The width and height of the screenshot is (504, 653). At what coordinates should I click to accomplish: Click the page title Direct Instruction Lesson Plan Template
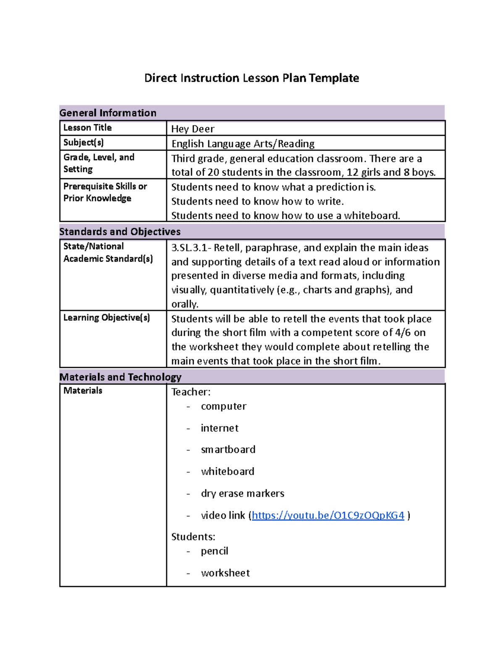point(252,78)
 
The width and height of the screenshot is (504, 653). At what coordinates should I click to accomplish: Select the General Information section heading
point(108,113)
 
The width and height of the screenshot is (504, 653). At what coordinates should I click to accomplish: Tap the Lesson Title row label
point(87,127)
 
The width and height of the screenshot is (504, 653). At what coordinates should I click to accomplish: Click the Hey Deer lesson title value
point(193,129)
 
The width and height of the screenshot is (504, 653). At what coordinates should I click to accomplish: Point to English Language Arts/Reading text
point(243,144)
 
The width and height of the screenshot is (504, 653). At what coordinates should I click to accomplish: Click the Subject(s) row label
point(84,143)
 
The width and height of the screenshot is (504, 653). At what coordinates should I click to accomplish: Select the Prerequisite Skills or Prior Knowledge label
point(105,192)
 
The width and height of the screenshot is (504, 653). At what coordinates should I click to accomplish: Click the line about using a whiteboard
point(286,215)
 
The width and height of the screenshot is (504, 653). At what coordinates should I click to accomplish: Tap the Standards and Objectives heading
point(120,232)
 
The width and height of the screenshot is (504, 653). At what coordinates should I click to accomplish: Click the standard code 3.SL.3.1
point(189,248)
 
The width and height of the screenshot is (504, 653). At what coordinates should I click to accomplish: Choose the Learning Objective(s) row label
point(106,317)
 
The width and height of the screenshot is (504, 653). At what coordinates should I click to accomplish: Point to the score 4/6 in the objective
point(402,333)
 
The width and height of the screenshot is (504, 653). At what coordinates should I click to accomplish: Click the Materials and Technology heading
point(120,377)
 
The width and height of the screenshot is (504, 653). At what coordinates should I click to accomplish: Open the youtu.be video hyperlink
point(328,515)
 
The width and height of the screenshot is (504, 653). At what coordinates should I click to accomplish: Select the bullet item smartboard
point(228,449)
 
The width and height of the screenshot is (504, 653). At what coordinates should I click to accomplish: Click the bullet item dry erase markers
point(242,493)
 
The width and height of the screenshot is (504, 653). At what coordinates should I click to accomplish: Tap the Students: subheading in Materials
point(193,537)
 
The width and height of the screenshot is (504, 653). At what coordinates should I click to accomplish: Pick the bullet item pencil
point(214,551)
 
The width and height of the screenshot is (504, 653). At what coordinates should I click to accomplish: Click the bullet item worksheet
point(225,573)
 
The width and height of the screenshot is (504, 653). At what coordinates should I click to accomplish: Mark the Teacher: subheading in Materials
point(191,392)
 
